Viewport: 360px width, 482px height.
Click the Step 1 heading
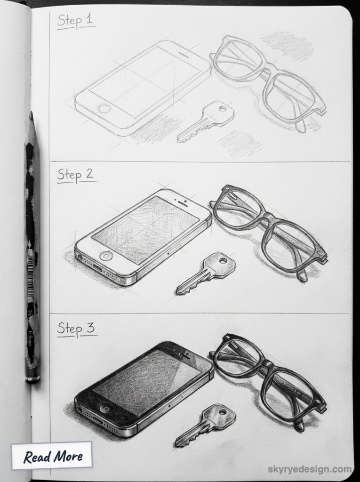click(x=76, y=21)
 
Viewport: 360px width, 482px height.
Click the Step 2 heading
click(x=76, y=174)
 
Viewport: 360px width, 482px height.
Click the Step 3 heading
click(x=76, y=328)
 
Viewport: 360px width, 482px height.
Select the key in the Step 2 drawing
click(x=207, y=273)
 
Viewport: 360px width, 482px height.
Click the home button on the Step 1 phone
click(x=104, y=109)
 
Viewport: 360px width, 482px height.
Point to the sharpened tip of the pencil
click(x=31, y=114)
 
